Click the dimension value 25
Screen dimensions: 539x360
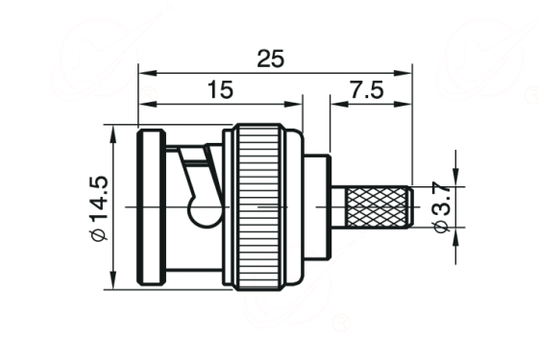point(271,59)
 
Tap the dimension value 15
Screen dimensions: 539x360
point(220,89)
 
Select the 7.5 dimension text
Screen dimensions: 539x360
point(366,89)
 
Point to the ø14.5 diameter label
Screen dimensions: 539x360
point(99,207)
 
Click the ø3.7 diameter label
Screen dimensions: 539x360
point(442,207)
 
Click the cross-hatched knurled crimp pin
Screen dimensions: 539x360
point(378,207)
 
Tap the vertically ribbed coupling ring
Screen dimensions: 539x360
point(258,207)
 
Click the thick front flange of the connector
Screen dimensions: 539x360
point(151,207)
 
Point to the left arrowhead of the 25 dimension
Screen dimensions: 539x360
point(147,73)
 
